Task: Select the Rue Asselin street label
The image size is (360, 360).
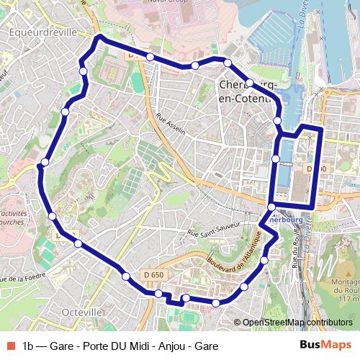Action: point(171,124)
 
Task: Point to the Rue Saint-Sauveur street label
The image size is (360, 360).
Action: point(213,232)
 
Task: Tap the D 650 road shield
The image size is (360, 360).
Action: point(153,274)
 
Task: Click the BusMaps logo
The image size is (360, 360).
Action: point(325,345)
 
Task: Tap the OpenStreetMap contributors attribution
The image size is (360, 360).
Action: point(297,322)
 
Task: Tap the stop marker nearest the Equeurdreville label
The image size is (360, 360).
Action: point(84,71)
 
